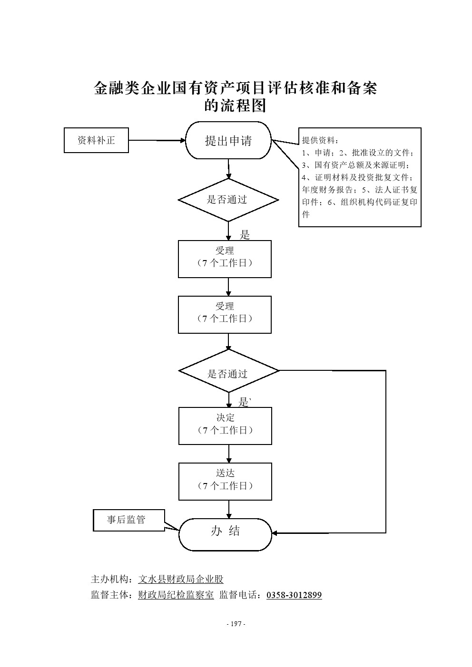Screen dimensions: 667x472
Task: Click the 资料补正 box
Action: click(x=96, y=141)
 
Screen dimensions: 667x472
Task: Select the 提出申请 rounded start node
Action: click(x=228, y=141)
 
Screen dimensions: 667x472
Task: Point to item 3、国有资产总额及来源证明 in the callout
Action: click(x=356, y=165)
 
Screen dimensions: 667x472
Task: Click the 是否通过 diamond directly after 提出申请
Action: click(x=228, y=200)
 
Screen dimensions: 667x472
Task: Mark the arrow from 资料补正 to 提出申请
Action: click(x=157, y=140)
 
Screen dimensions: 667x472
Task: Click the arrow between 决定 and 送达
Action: click(x=229, y=454)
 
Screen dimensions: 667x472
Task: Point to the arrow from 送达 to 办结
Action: click(x=229, y=509)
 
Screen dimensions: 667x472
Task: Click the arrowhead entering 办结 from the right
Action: click(x=275, y=533)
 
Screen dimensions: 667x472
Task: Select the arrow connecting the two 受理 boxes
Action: click(x=229, y=287)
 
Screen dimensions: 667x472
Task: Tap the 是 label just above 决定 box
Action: click(x=244, y=403)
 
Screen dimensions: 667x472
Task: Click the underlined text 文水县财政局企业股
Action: click(x=180, y=579)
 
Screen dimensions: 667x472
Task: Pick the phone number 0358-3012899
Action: click(x=294, y=595)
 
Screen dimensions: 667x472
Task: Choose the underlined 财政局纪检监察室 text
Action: click(x=176, y=595)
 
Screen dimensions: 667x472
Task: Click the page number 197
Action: click(x=236, y=624)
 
